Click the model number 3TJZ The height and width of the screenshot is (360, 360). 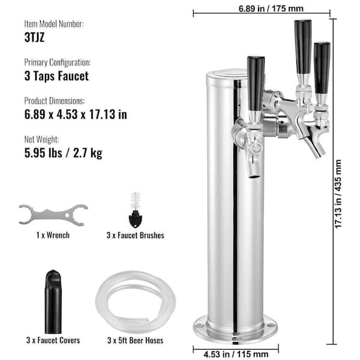[x=34, y=37]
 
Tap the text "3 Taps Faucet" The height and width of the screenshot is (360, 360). [x=56, y=76]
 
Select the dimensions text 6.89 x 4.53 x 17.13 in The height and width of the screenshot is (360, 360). [x=76, y=115]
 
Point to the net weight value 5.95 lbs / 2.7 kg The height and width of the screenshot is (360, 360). [x=64, y=153]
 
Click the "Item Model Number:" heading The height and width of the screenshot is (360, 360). [x=54, y=24]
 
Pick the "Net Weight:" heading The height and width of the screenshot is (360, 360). [x=41, y=139]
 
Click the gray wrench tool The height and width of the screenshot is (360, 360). [x=53, y=215]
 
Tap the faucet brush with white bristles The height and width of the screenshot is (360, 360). [x=136, y=210]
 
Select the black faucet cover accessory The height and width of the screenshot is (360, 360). [x=53, y=302]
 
